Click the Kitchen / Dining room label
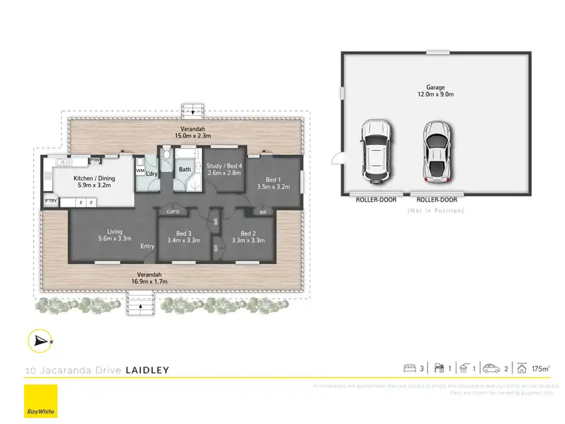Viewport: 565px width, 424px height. (x=93, y=178)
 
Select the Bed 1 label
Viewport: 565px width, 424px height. (x=273, y=178)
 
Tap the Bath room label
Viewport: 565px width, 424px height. (x=185, y=170)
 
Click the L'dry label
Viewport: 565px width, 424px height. (x=151, y=174)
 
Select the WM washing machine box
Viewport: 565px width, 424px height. (x=140, y=171)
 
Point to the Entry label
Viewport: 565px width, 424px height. (x=148, y=247)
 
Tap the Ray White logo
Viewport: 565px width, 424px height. (x=40, y=401)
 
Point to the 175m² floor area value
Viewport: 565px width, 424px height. (x=540, y=369)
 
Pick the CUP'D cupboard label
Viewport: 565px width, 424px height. (x=173, y=212)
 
